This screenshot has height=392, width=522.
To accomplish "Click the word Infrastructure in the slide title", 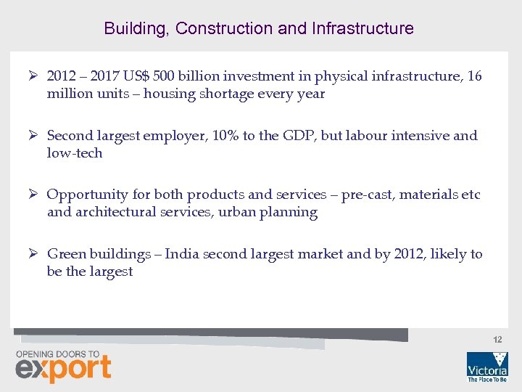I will (x=362, y=28).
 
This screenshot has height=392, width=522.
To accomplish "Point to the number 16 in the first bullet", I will (x=474, y=76).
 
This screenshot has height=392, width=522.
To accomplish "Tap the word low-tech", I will (x=75, y=153).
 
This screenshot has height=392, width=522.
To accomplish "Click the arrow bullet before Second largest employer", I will (x=33, y=135).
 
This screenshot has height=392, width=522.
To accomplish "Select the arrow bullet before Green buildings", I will (x=33, y=254).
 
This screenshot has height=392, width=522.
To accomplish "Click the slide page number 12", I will (x=497, y=340).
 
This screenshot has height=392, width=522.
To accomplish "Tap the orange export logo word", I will (x=64, y=369).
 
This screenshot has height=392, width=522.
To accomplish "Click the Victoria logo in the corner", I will (x=486, y=366).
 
